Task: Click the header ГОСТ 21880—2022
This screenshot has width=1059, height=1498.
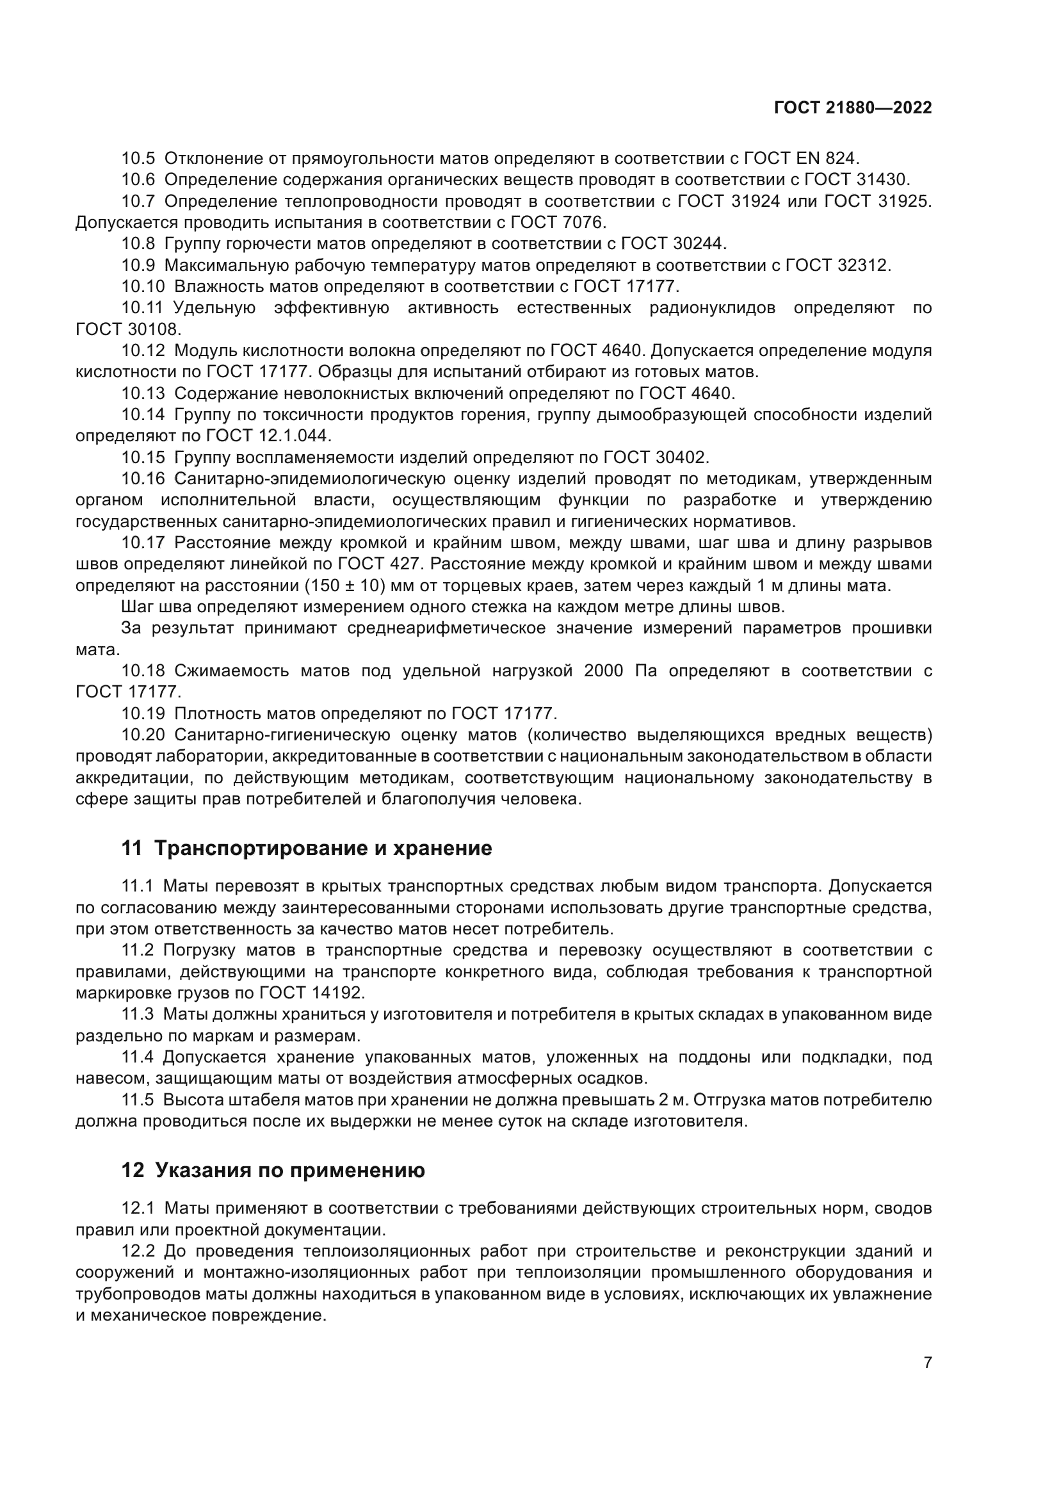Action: coord(853,108)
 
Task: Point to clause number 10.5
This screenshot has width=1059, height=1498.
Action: coord(138,159)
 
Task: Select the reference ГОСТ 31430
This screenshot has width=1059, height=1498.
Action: coord(857,179)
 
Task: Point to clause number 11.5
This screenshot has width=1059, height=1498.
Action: coord(137,1100)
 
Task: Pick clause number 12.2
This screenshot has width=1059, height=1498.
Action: coord(138,1251)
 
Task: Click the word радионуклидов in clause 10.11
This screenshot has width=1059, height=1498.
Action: coord(712,308)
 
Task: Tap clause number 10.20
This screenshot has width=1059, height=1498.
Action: coord(143,735)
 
